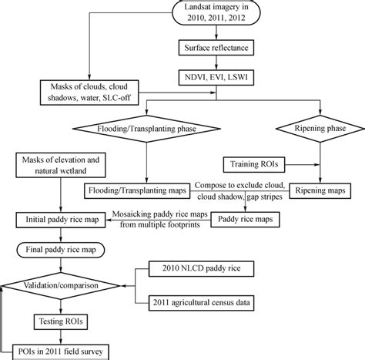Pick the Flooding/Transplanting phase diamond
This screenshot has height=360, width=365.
pyautogui.click(x=145, y=126)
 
